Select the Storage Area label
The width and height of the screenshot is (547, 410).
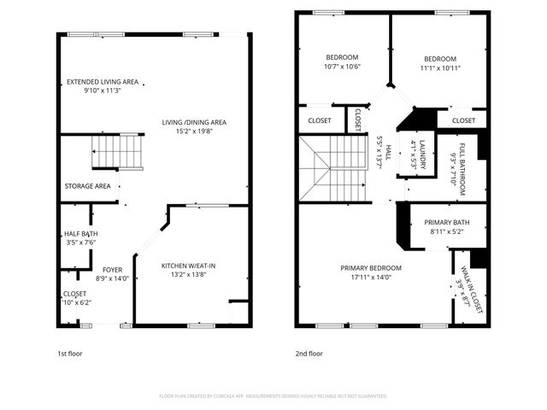[x=87, y=185]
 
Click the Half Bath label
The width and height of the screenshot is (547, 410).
[x=80, y=234]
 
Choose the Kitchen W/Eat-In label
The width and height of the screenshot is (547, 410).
[x=189, y=266]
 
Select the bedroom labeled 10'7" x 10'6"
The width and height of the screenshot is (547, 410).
[x=342, y=58]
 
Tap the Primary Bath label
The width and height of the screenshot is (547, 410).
[x=446, y=223]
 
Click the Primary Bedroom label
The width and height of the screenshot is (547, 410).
[x=371, y=267]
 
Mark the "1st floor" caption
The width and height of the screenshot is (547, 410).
[x=70, y=353]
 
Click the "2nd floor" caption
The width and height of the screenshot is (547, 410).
[x=309, y=353]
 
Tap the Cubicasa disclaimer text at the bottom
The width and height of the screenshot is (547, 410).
[x=273, y=396]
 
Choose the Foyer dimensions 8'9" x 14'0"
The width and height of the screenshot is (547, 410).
[x=113, y=278]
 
